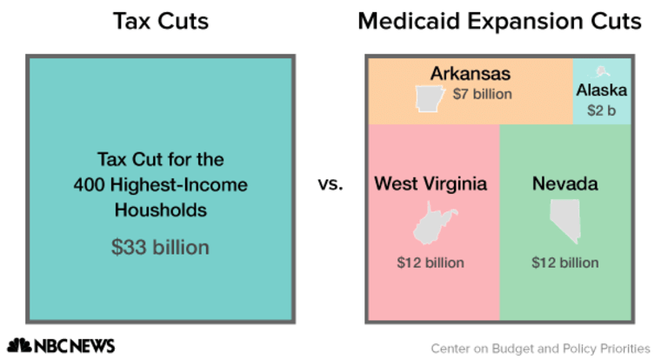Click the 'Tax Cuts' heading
161,21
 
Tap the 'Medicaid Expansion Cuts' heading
499,21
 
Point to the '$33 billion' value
160,247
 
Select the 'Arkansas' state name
470,73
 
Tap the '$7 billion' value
483,94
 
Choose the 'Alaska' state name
601,90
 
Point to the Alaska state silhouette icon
601,71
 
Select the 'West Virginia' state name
431,184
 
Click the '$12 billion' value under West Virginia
431,262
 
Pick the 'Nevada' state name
564,184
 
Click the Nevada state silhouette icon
564,222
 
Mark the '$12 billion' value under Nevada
564,262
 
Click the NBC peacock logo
20,345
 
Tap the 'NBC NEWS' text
75,345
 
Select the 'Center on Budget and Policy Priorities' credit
540,348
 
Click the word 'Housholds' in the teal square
160,210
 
